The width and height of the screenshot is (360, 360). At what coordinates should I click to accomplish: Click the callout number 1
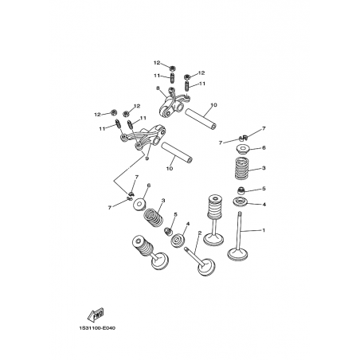point(264,230)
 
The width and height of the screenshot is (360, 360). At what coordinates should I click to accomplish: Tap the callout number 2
point(200,233)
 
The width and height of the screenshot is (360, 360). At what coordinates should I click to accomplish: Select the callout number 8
point(158,88)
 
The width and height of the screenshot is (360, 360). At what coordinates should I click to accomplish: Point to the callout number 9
point(147,158)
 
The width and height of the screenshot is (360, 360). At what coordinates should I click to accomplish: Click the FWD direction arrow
point(96,315)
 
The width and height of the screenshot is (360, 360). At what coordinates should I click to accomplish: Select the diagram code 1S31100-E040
point(97,328)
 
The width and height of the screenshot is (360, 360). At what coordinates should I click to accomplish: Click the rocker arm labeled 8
point(174,105)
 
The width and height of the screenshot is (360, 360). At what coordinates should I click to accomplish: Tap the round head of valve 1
point(238,254)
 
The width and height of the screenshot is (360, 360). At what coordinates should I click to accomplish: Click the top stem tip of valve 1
point(240,213)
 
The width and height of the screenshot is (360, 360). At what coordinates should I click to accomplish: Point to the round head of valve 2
point(206,267)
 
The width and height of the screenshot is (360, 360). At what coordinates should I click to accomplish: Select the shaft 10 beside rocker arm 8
point(201,118)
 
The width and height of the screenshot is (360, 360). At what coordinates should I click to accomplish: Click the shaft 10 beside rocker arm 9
point(177,152)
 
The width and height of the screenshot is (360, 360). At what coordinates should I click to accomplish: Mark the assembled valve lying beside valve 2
point(150,251)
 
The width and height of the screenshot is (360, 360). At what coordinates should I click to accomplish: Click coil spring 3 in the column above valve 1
point(243,168)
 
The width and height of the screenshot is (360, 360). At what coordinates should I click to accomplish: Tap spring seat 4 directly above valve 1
point(241,202)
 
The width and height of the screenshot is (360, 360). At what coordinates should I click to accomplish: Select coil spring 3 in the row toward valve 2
point(154,217)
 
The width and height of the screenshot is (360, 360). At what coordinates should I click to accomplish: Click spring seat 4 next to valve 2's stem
point(178,241)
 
